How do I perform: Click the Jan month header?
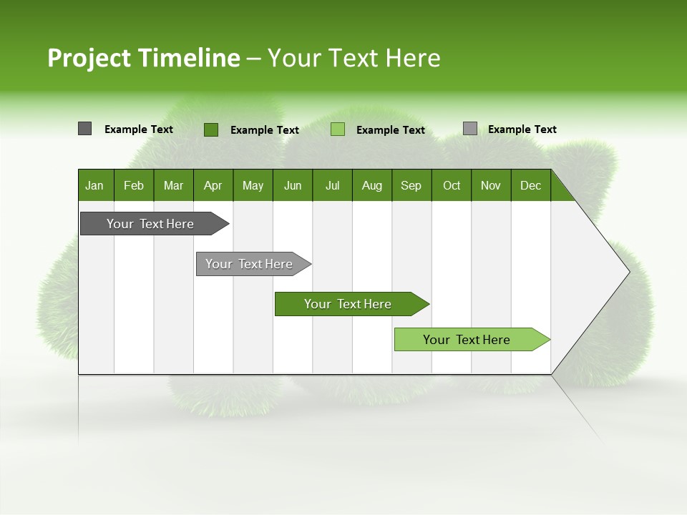pos(95,185)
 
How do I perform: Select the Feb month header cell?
pos(134,185)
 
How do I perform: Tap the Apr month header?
pos(213,185)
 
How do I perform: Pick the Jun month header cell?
pos(293,185)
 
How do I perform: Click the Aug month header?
pos(372,185)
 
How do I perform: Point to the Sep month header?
pos(411,185)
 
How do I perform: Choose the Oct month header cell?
pos(452,185)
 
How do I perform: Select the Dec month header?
pos(531,185)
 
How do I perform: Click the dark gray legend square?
pos(85,129)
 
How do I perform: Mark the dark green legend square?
pos(211,129)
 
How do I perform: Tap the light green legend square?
pos(338,129)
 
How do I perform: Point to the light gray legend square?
pos(470,129)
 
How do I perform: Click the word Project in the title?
pos(89,58)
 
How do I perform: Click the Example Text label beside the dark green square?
pos(265,130)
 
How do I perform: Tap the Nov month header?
pos(491,185)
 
